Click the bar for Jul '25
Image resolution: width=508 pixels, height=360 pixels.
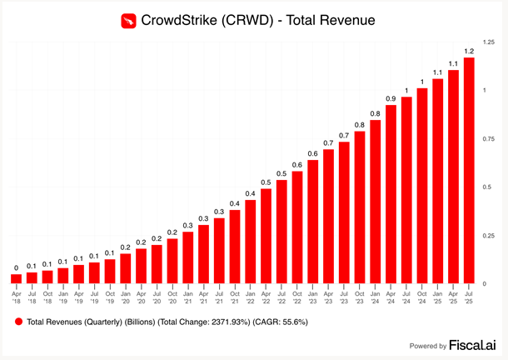tap(469, 171)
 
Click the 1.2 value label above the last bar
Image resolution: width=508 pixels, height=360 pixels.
tap(469, 51)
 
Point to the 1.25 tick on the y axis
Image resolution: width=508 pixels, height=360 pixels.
tap(489, 41)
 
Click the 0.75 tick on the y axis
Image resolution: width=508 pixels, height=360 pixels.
tap(489, 138)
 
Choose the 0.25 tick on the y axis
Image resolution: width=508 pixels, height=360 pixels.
tap(489, 236)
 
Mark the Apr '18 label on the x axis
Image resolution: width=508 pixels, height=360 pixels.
tap(16, 297)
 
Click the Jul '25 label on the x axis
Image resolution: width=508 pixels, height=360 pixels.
tap(469, 297)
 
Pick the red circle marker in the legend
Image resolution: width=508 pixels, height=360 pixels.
tap(17, 321)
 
